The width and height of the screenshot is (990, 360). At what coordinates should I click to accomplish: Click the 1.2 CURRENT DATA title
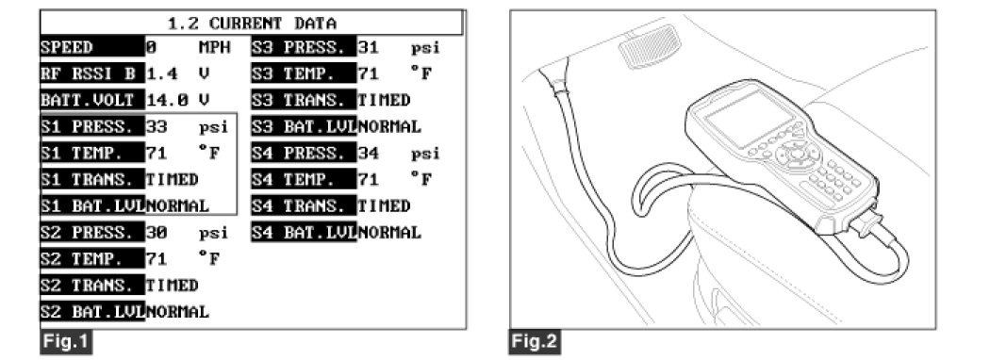[x=252, y=24]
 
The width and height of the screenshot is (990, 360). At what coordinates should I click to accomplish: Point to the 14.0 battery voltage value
[x=167, y=101]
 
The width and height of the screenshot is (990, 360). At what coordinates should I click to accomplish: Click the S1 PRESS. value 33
[x=157, y=126]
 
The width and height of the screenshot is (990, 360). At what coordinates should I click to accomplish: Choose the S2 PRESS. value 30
[x=157, y=233]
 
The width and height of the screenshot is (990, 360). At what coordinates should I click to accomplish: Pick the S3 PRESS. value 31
[x=368, y=47]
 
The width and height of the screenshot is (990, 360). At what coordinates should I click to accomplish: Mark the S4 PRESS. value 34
[x=368, y=154]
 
